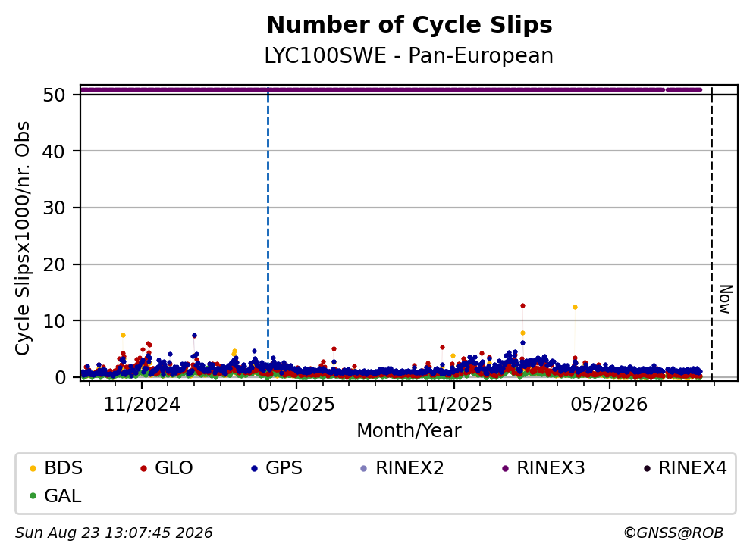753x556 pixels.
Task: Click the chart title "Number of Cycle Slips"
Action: point(409,25)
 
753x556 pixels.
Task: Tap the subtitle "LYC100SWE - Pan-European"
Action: point(409,55)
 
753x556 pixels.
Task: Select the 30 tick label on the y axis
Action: point(54,208)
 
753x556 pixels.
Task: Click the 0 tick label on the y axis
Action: point(60,377)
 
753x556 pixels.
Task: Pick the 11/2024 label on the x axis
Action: point(142,405)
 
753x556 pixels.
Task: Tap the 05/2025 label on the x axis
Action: point(296,405)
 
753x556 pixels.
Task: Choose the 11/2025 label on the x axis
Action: point(453,405)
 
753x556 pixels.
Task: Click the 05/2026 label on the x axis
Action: point(609,405)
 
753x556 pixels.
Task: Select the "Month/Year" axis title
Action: point(409,430)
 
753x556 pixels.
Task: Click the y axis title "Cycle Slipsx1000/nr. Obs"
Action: point(23,239)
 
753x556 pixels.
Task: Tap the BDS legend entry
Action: point(55,467)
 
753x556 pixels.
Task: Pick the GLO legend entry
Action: point(166,467)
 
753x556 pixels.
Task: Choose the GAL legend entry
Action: point(55,495)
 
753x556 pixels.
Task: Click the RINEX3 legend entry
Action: point(544,467)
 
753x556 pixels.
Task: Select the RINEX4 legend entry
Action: point(686,467)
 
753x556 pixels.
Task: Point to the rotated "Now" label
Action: point(725,299)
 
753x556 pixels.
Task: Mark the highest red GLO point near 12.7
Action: point(522,305)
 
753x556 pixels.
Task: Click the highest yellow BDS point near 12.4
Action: point(575,307)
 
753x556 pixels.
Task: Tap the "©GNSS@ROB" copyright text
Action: point(673,533)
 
